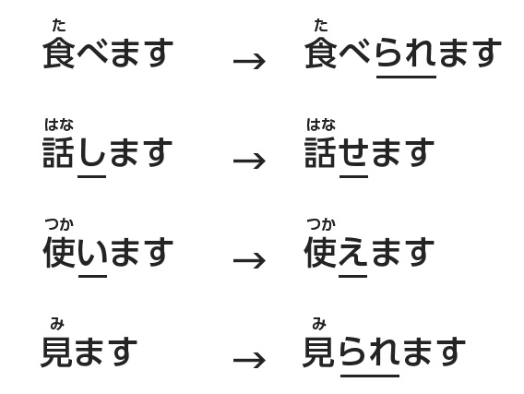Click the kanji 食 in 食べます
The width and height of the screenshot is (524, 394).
tap(59, 53)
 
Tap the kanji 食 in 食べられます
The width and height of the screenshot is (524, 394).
tap(321, 53)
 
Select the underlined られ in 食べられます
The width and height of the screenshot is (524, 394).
tap(406, 53)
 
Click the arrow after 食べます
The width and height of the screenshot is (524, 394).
tap(249, 62)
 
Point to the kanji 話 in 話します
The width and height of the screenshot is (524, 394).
tap(58, 152)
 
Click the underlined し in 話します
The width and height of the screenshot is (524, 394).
tap(92, 152)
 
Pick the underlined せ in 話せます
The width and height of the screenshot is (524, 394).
tap(354, 152)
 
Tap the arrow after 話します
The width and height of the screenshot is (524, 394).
tap(249, 161)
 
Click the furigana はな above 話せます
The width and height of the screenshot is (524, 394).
tap(321, 125)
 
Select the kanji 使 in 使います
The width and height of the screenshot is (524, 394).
tap(59, 252)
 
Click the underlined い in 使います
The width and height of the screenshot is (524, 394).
tap(93, 253)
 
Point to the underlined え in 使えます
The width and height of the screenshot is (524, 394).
tap(353, 252)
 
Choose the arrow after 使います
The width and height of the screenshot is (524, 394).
tap(249, 260)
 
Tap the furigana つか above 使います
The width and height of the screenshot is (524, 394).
tap(59, 224)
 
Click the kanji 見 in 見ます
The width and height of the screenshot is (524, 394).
tap(56, 352)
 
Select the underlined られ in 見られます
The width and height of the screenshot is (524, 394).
tap(370, 352)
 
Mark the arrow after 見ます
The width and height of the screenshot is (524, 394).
tap(249, 360)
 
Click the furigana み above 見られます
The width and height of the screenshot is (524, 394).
tap(319, 324)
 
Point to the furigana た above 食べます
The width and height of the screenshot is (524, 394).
tap(59, 26)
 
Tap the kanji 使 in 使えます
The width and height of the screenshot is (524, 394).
tap(320, 252)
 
